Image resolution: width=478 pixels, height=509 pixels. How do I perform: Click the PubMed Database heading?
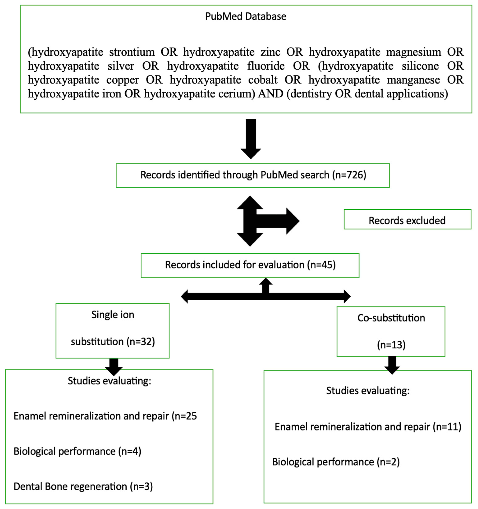(245, 16)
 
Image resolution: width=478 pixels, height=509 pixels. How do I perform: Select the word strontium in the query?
(132, 52)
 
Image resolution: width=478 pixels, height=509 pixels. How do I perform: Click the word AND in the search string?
(270, 94)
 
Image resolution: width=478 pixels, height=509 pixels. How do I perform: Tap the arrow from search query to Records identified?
(251, 138)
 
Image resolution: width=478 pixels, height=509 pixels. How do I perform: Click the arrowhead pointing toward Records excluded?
(292, 221)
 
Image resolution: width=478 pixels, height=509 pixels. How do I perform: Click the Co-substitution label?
(391, 318)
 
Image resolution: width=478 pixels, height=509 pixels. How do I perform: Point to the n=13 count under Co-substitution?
(391, 345)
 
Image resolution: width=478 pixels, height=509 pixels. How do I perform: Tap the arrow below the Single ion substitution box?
(114, 366)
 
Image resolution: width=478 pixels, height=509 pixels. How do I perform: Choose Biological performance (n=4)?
(77, 451)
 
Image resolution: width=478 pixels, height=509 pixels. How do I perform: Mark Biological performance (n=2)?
(336, 462)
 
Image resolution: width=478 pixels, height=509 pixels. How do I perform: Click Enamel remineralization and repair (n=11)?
(368, 427)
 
